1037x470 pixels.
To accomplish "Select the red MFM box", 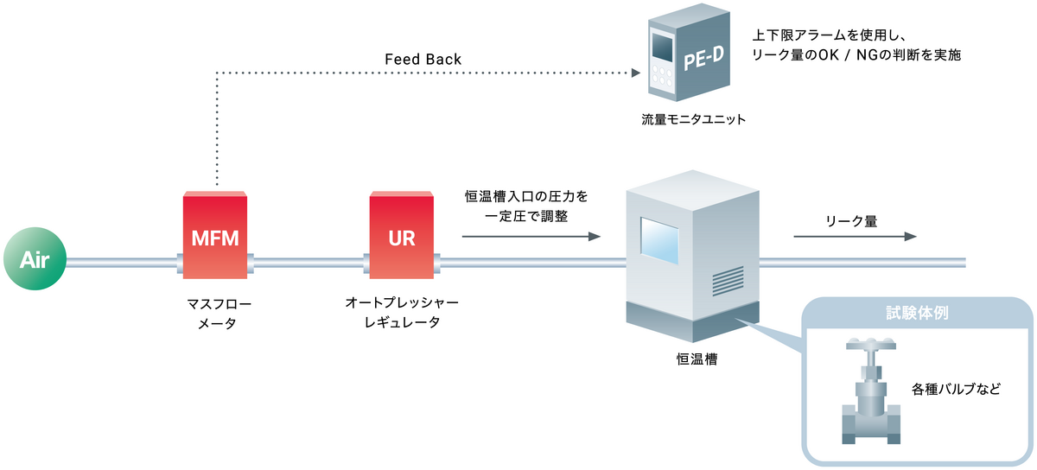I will tap(215, 235).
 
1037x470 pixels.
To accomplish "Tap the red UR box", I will tap(401, 235).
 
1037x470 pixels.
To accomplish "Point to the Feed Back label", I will tap(423, 60).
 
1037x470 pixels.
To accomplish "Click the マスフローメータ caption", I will tap(215, 314).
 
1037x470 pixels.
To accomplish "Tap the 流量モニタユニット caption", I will tap(686, 120).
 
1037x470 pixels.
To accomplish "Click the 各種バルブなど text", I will tap(955, 389).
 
